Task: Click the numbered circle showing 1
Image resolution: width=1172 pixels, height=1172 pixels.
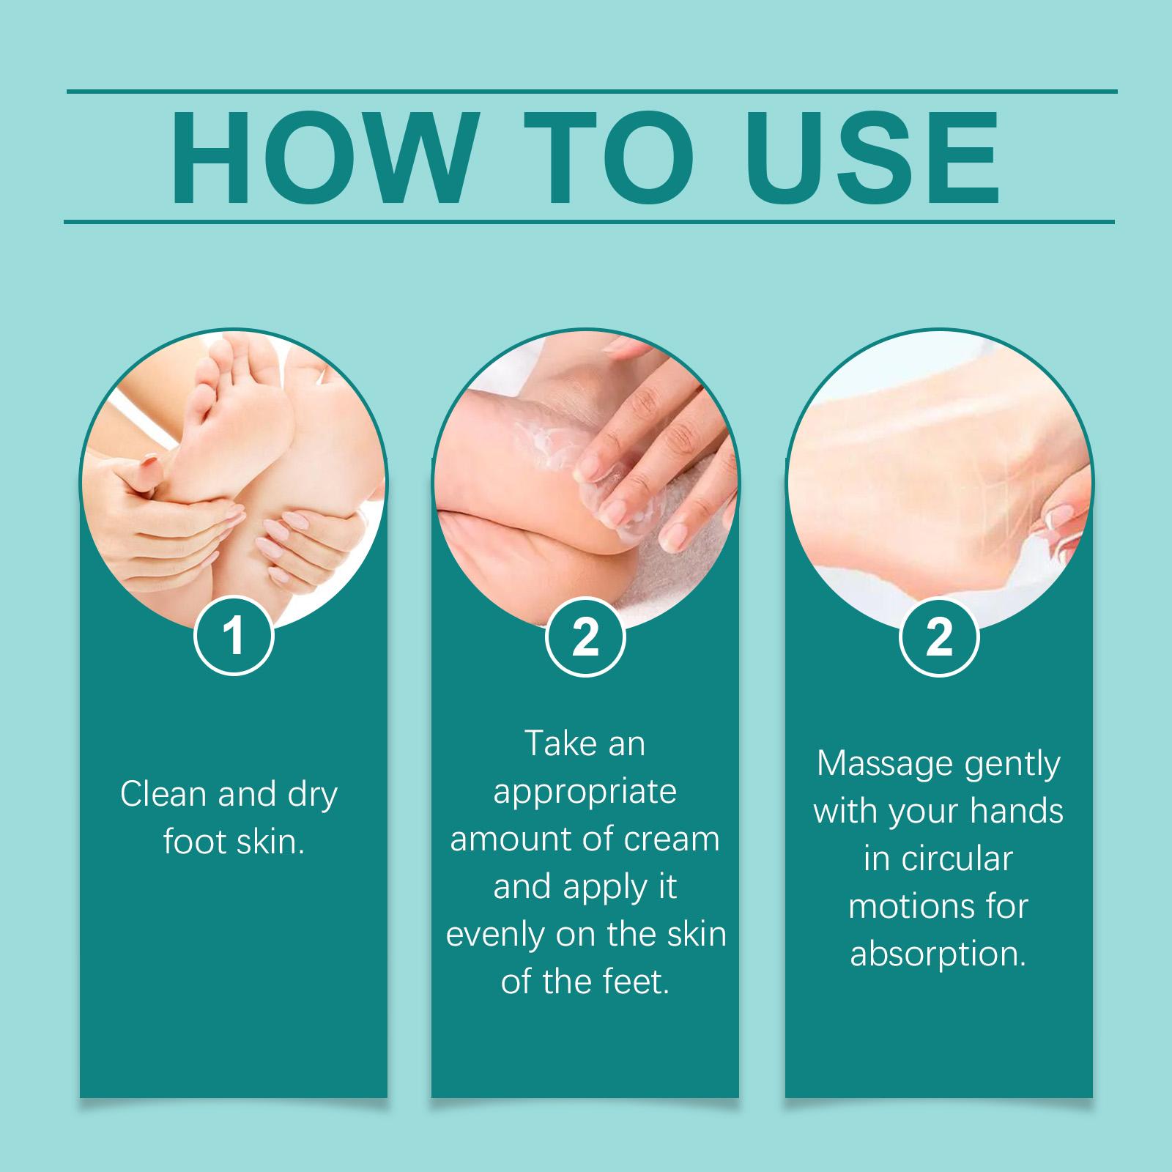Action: (234, 636)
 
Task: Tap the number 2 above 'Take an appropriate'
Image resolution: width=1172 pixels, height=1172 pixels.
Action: (585, 636)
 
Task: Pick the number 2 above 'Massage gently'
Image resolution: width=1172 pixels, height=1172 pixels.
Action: (939, 636)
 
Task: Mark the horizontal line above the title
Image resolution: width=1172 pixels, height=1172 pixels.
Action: (592, 92)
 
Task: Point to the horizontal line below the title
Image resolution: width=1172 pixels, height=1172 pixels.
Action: (590, 221)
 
